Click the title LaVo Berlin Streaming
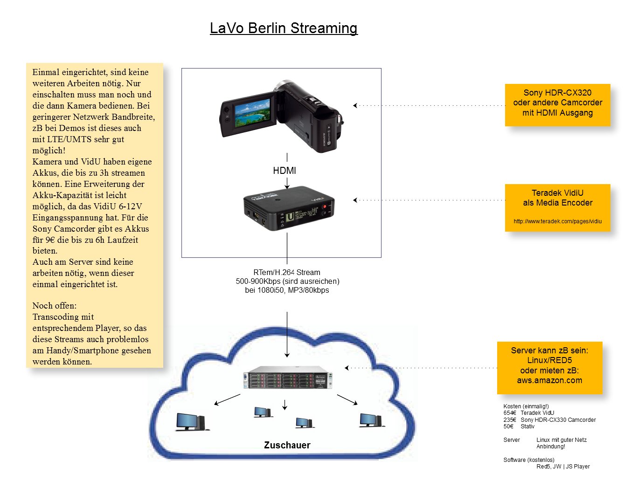(284, 28)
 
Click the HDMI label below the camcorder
(284, 171)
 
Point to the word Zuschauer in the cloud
(287, 445)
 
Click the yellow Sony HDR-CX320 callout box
(557, 104)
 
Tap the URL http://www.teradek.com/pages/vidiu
(557, 221)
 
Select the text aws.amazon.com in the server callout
(549, 380)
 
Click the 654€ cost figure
(510, 413)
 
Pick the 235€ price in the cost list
(510, 420)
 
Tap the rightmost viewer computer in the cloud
(371, 420)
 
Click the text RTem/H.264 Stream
(287, 272)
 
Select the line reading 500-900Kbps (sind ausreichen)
(287, 281)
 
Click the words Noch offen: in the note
(55, 306)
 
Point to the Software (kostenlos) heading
(529, 460)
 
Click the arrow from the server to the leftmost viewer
(227, 400)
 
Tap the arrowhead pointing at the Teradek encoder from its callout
(355, 200)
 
